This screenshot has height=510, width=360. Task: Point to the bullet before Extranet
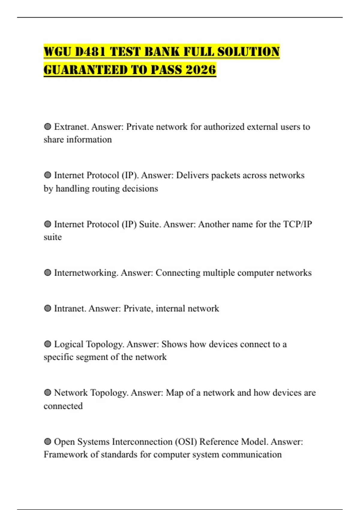point(47,127)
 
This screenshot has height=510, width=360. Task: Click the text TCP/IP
point(298,224)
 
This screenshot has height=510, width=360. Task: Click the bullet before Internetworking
point(47,273)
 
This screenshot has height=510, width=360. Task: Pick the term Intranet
point(70,308)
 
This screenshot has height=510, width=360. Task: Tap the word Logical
point(69,344)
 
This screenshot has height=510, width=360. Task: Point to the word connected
point(63,406)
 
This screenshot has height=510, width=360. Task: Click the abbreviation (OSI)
point(186,442)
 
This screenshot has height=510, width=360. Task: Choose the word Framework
point(66,454)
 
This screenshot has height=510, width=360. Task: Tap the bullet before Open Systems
point(47,442)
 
